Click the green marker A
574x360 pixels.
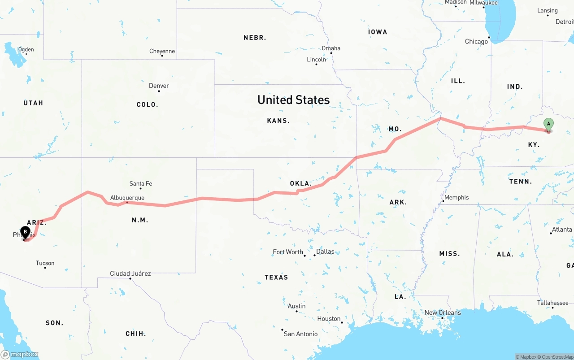(x=548, y=124)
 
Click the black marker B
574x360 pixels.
(x=26, y=232)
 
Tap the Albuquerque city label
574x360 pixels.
(x=127, y=198)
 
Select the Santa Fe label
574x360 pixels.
(x=140, y=183)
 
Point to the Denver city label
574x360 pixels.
(x=159, y=86)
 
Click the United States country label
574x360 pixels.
(x=293, y=100)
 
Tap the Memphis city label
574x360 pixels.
(x=457, y=197)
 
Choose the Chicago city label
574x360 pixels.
(x=476, y=41)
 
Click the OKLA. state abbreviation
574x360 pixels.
(x=301, y=183)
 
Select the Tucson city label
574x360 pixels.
(x=45, y=263)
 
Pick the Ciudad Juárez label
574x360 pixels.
(x=130, y=273)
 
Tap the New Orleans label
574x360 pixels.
(x=443, y=312)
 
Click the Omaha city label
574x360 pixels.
(x=331, y=48)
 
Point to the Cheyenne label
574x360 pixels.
(x=162, y=51)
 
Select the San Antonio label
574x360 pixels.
(x=300, y=334)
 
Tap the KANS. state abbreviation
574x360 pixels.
(x=278, y=121)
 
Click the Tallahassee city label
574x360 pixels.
(x=553, y=303)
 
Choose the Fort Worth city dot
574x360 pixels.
(x=305, y=256)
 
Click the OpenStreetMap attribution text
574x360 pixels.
(x=557, y=357)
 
